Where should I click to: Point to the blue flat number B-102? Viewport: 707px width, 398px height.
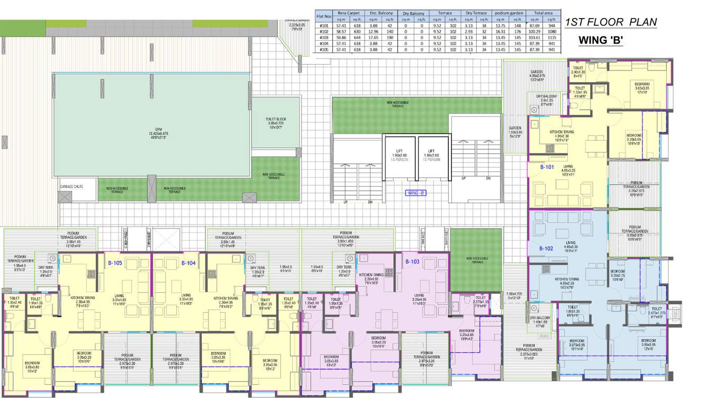click(x=546, y=248)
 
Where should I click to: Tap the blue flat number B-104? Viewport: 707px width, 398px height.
click(x=189, y=263)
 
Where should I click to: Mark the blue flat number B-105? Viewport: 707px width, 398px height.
click(x=115, y=263)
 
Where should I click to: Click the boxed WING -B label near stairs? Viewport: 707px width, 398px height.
click(x=416, y=193)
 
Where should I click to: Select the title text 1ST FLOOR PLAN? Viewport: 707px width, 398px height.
click(x=611, y=22)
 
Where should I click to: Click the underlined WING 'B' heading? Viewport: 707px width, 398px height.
click(x=600, y=40)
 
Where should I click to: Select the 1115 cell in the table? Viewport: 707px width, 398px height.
click(x=552, y=38)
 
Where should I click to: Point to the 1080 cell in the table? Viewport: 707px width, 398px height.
click(x=552, y=31)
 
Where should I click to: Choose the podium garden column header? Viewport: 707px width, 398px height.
click(x=509, y=13)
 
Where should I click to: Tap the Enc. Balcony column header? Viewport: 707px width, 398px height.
click(x=381, y=13)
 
